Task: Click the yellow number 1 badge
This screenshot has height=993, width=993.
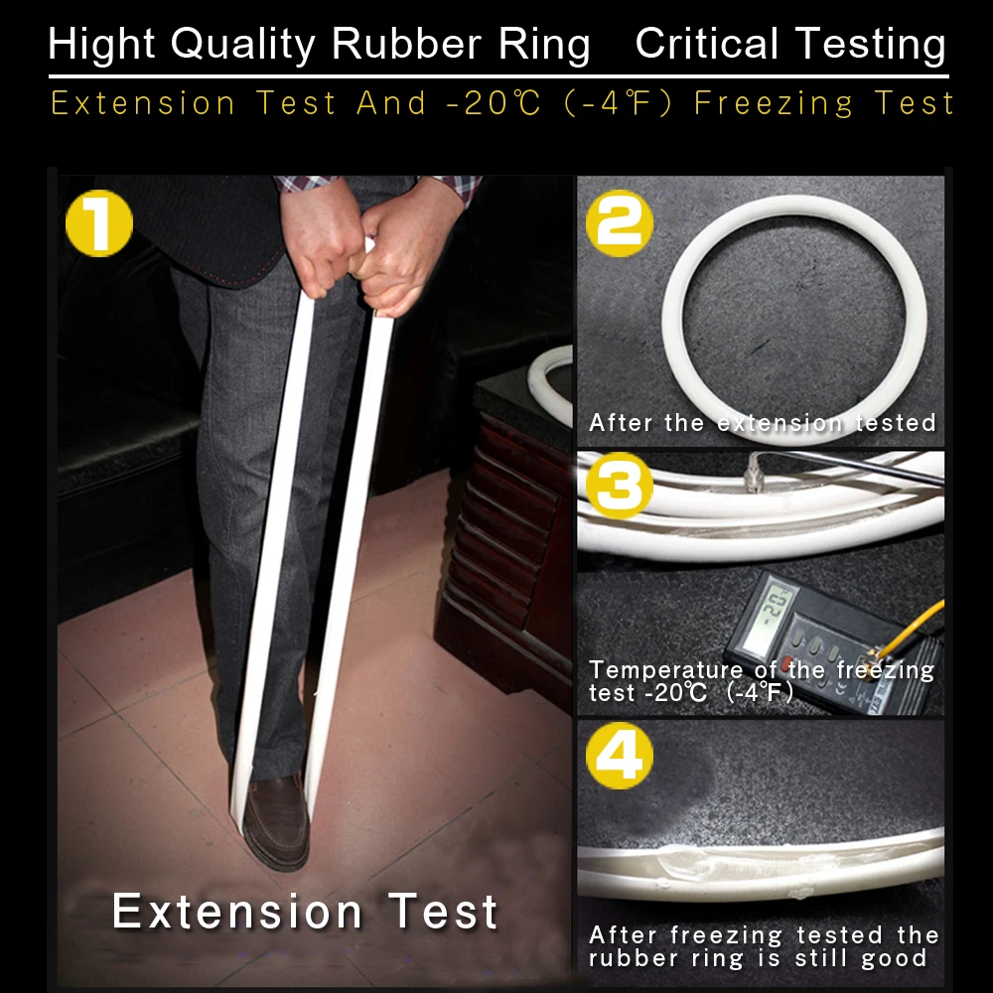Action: point(99,222)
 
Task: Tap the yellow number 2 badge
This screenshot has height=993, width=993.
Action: point(620,222)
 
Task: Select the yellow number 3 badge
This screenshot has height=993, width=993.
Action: point(620,487)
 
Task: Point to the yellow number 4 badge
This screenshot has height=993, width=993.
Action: point(620,756)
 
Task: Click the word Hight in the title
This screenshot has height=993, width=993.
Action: point(101,45)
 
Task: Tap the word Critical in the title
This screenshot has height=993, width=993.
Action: point(707,45)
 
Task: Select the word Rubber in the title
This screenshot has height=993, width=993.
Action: point(406,45)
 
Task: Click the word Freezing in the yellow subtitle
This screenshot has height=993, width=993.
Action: point(774,103)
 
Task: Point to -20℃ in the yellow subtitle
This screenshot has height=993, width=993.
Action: point(494,103)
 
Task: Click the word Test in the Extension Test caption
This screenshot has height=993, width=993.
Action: point(442,912)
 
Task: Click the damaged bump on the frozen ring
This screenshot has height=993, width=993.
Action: point(681,863)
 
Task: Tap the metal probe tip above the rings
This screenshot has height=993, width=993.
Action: point(753,474)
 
